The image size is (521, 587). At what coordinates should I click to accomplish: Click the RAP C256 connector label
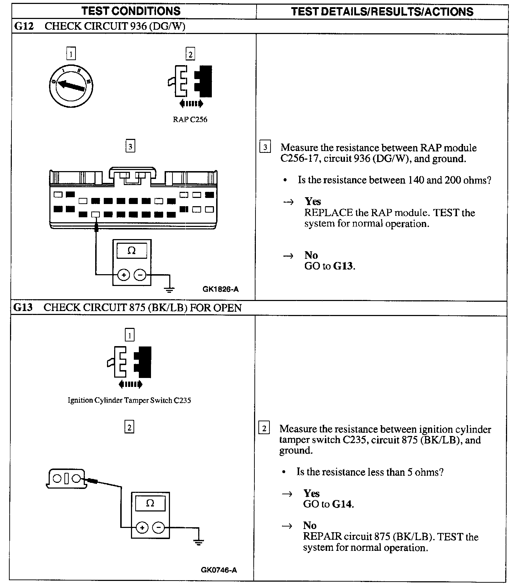[190, 120]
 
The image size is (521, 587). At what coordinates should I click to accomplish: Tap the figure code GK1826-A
[220, 289]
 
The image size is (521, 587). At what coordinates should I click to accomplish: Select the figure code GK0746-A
[219, 570]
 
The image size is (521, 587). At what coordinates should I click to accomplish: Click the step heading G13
[23, 308]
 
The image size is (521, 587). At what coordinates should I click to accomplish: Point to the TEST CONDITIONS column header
[131, 11]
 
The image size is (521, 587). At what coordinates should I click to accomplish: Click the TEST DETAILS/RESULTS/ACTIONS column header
[382, 11]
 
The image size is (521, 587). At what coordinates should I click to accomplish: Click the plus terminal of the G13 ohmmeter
[142, 527]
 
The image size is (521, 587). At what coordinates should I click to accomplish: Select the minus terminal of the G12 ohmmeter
[140, 275]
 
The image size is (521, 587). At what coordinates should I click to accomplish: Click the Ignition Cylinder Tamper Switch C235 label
[129, 400]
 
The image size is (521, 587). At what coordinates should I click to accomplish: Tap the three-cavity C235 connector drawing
[67, 479]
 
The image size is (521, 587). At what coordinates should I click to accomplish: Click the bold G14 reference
[342, 504]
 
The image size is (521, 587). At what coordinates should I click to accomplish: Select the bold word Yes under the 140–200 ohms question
[313, 202]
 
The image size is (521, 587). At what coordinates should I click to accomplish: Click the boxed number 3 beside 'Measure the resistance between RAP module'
[265, 147]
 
